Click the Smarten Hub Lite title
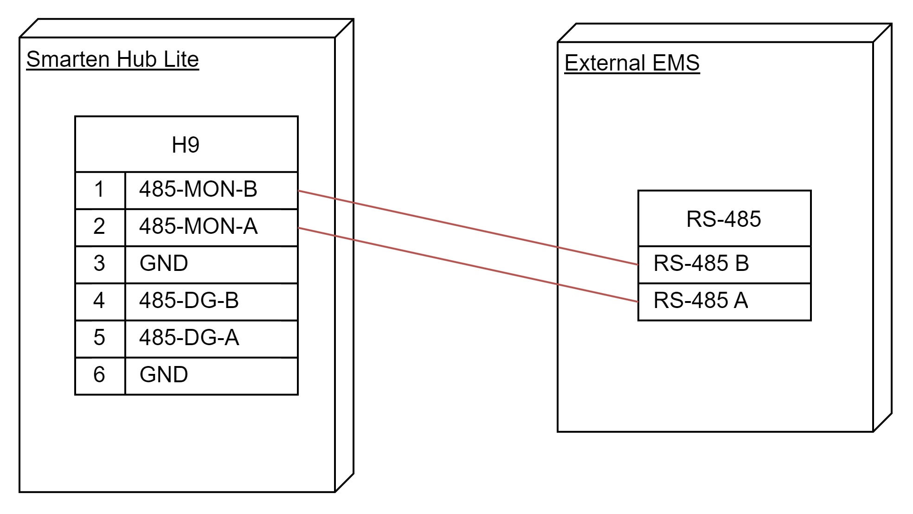112,59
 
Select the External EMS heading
632,63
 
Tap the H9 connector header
186,144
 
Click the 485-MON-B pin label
198,189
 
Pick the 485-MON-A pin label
198,226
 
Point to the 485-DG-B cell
212,302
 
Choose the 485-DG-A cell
212,339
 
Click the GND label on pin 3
164,263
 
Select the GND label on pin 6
164,375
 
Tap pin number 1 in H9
99,189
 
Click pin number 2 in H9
99,226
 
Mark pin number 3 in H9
99,263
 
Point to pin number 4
99,301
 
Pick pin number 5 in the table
99,338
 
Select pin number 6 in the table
99,375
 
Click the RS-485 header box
724,218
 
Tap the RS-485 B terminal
724,264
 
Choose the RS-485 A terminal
724,302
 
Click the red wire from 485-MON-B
468,227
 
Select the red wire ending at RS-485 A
468,264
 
